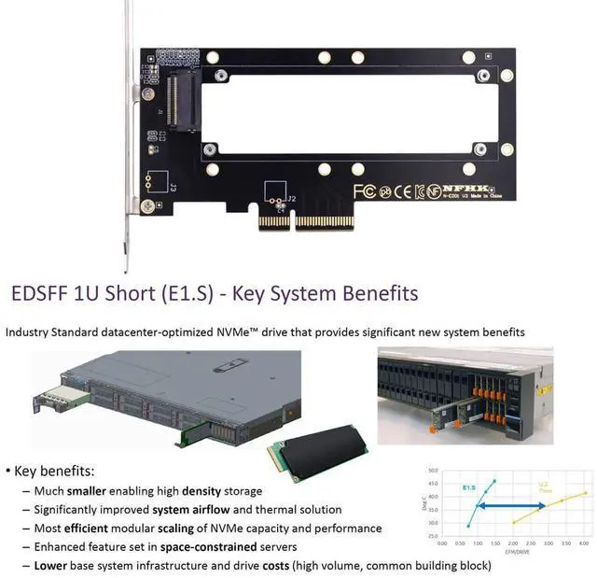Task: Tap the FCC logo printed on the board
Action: pos(364,191)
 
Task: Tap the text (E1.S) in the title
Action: pos(182,293)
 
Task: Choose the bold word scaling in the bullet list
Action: pos(170,528)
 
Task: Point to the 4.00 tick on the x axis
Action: pos(583,543)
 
